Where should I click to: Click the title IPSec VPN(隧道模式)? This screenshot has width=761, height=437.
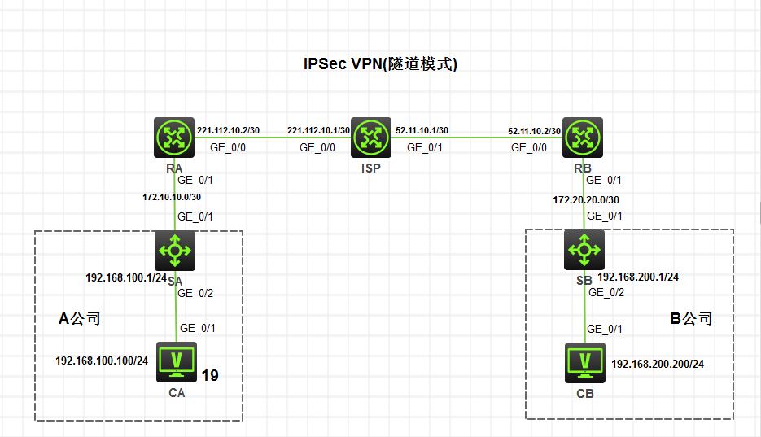pyautogui.click(x=380, y=66)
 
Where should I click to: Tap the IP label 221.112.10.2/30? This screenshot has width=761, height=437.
pyautogui.click(x=229, y=130)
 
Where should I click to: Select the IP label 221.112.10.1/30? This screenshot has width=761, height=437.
pyautogui.click(x=318, y=130)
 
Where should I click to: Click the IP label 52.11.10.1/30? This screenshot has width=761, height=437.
pyautogui.click(x=422, y=130)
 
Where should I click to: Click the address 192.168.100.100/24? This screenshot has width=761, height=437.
pyautogui.click(x=101, y=360)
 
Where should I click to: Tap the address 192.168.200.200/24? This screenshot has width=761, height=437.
pyautogui.click(x=657, y=364)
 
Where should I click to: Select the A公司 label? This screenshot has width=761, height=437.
pyautogui.click(x=80, y=318)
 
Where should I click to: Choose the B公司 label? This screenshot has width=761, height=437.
pyautogui.click(x=690, y=318)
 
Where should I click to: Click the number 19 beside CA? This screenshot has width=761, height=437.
pyautogui.click(x=211, y=375)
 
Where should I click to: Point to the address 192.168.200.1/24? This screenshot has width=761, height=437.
pyautogui.click(x=638, y=277)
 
